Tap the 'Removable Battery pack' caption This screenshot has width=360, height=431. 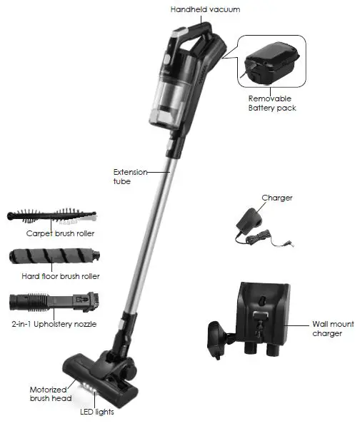click(x=272, y=103)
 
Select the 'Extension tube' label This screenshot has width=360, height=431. click(x=130, y=176)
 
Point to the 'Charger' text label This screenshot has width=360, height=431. click(x=276, y=198)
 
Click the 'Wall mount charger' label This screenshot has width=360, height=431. click(x=326, y=328)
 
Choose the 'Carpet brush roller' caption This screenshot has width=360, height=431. click(x=61, y=233)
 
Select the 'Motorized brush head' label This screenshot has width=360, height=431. click(x=49, y=395)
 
